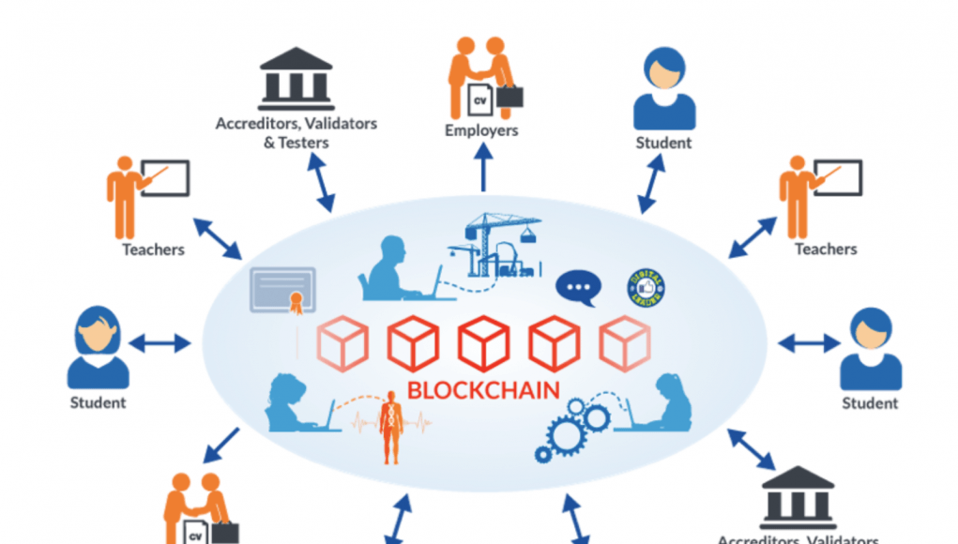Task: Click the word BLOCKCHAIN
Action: (x=483, y=389)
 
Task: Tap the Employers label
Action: (x=481, y=130)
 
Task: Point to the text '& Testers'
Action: (x=296, y=143)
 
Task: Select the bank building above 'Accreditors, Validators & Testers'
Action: (x=297, y=80)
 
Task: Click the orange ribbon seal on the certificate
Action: (x=298, y=303)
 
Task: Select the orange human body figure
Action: (x=392, y=429)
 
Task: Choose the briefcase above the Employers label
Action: (x=510, y=96)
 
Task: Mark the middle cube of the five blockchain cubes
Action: (x=483, y=343)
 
